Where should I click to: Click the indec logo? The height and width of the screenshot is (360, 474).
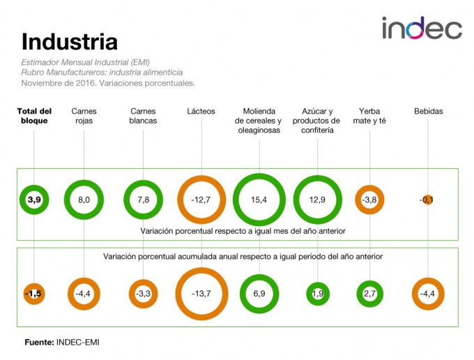(x=421, y=29)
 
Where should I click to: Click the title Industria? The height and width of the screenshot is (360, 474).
(x=69, y=42)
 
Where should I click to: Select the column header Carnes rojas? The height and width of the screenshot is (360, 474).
(x=84, y=116)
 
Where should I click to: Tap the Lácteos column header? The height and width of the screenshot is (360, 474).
(x=201, y=111)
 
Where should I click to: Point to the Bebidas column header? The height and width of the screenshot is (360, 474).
(x=428, y=111)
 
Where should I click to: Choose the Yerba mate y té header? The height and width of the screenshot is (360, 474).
(x=369, y=116)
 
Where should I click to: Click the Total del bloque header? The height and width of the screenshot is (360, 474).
(x=34, y=116)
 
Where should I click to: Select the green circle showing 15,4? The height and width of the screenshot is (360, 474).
(x=259, y=200)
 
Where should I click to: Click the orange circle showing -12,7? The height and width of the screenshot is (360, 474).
(x=201, y=200)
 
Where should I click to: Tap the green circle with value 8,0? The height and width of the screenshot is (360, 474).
(x=84, y=200)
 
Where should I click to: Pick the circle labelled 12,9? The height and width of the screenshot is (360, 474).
(x=318, y=200)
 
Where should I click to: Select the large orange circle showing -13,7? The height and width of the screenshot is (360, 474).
(x=201, y=294)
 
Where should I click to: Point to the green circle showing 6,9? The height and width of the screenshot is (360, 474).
(x=259, y=294)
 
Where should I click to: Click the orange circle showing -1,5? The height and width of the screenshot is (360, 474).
(x=34, y=294)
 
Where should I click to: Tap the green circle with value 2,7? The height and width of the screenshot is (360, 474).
(x=369, y=294)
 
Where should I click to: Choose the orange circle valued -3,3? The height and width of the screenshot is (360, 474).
(x=143, y=294)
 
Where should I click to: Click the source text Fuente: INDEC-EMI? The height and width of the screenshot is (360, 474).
(x=67, y=342)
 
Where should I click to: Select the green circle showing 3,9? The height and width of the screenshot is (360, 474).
(x=34, y=200)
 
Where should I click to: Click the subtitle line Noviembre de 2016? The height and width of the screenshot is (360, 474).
(x=108, y=82)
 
